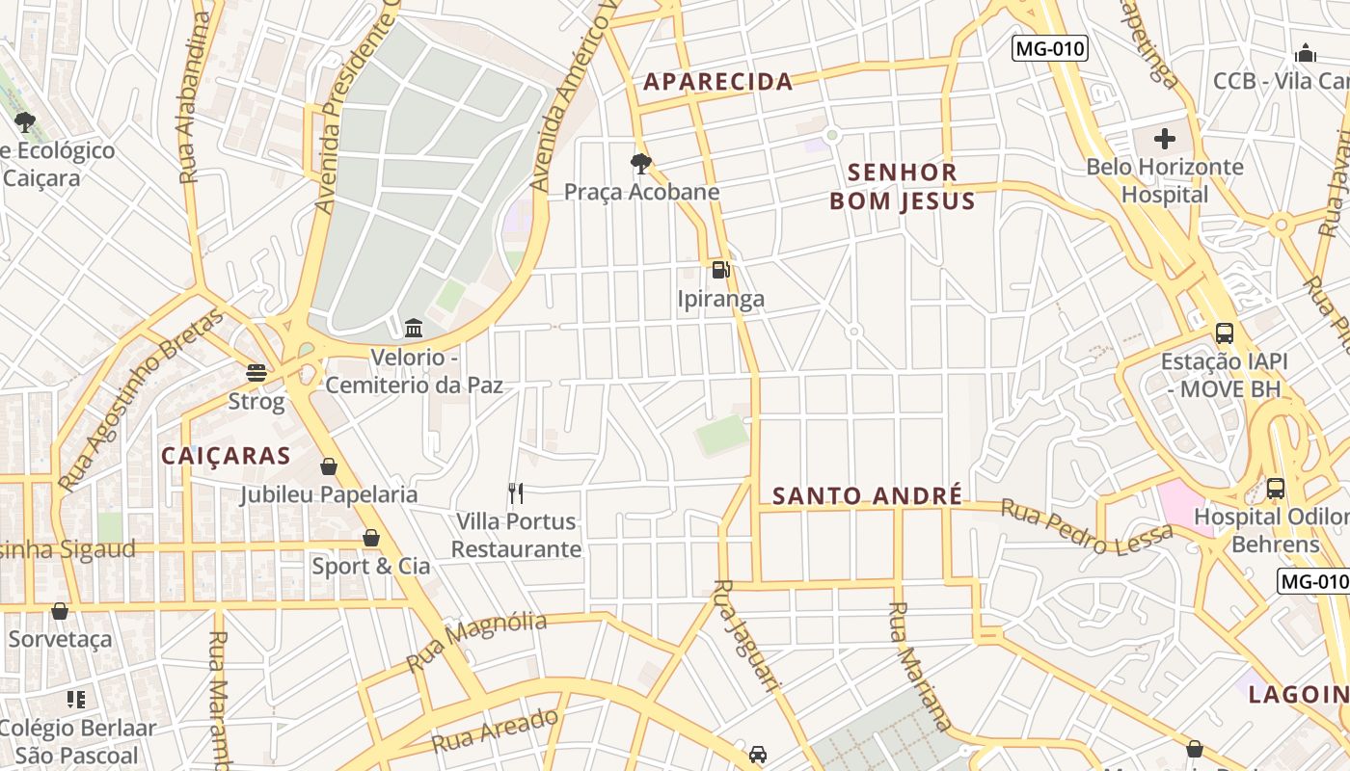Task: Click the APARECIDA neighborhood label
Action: coord(718,82)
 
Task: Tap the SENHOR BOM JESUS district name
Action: coord(902,187)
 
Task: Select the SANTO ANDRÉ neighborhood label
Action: coord(868,496)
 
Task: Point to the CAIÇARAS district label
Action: coord(226,456)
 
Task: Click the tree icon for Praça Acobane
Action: coord(640,164)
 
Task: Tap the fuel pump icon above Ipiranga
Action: coord(720,270)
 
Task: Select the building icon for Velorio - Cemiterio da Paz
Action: coord(415,329)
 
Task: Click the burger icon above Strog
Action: coord(256,372)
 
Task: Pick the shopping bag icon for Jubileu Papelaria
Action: coord(329,467)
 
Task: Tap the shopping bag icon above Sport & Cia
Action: coord(371,538)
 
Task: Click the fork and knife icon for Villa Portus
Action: coord(516,493)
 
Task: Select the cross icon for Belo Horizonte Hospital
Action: coord(1165,139)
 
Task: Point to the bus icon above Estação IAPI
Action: coord(1225,333)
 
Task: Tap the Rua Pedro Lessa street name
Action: coord(1086,526)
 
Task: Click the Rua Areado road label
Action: coord(495,731)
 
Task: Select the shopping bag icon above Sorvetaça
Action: coord(60,611)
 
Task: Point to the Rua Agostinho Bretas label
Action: coord(141,400)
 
